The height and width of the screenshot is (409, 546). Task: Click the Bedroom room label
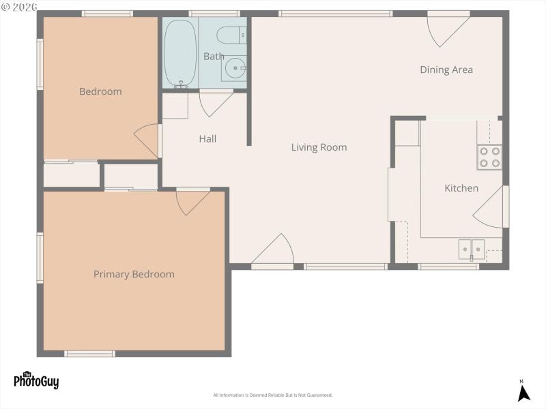[100, 91]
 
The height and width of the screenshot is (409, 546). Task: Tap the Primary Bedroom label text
[134, 274]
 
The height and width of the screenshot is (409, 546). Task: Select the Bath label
[214, 57]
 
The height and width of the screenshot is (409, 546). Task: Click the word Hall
[207, 138]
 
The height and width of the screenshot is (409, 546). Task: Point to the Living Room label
[319, 147]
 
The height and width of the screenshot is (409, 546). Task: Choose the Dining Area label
[446, 70]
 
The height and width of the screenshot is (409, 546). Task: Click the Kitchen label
[461, 188]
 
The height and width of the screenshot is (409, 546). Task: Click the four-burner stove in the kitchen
[489, 157]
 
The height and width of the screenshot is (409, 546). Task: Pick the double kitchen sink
[472, 249]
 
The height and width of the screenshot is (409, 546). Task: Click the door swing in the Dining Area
[446, 29]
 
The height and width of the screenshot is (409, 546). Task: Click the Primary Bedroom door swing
[191, 201]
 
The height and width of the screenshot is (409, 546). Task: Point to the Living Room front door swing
[275, 251]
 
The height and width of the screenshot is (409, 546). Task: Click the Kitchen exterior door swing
[490, 207]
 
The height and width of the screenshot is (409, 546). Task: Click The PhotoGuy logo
[36, 380]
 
